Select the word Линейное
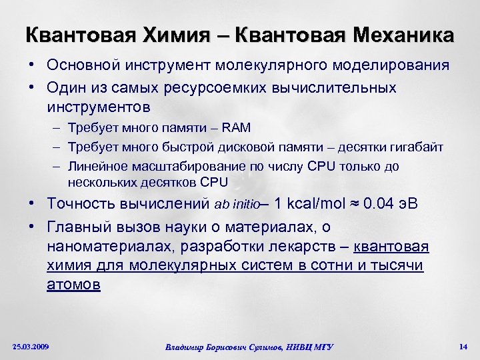[x=101, y=165]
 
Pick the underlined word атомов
[x=73, y=285]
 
